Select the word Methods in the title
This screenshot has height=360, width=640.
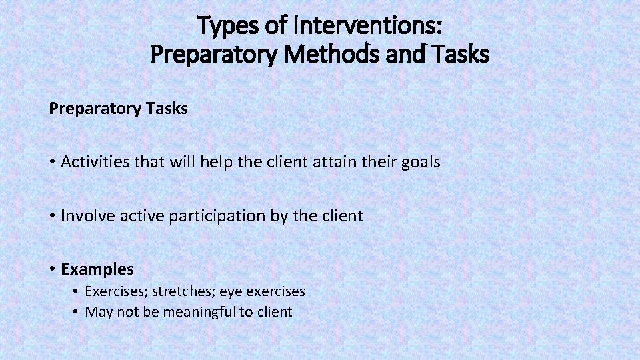tap(321, 54)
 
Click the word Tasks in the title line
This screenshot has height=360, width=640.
tap(461, 54)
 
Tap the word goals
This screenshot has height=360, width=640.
tap(421, 162)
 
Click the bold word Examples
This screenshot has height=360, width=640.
tap(97, 269)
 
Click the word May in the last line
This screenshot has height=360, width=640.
tap(99, 312)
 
